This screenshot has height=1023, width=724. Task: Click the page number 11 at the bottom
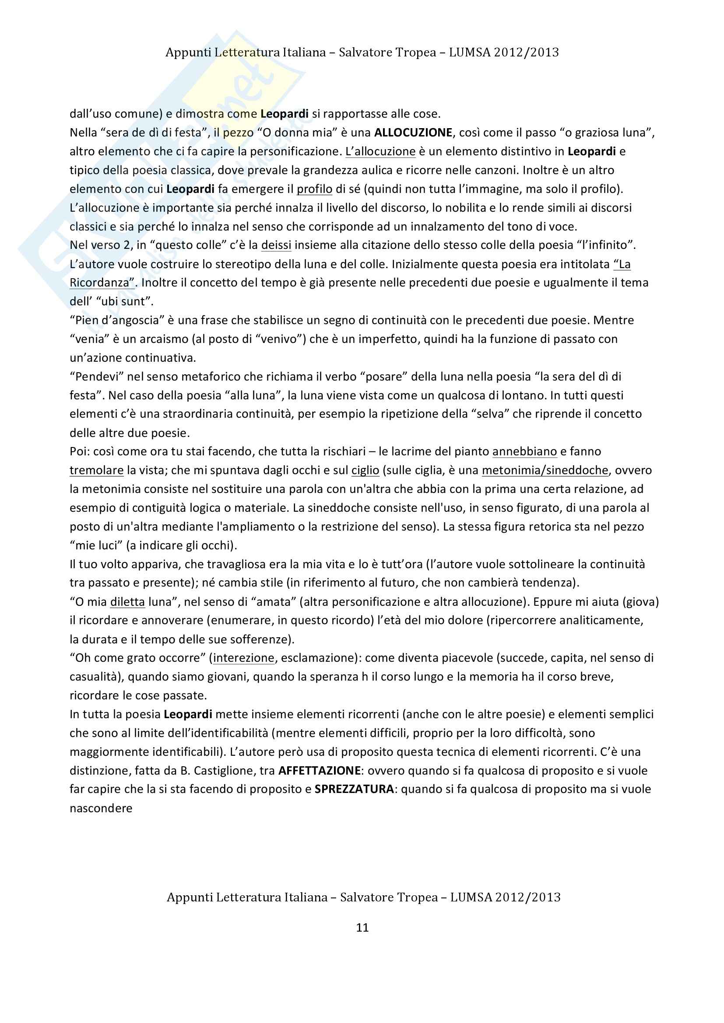point(362,928)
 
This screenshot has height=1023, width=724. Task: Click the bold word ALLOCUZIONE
point(413,133)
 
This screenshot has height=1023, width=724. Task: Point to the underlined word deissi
point(276,245)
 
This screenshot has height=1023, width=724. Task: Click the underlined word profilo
point(315,189)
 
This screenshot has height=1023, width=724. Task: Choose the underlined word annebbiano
point(525,452)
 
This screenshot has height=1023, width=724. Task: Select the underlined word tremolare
point(96,471)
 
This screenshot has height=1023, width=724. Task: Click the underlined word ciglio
point(365,471)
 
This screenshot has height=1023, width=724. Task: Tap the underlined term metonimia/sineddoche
point(545,471)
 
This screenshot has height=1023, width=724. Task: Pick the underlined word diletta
point(127,602)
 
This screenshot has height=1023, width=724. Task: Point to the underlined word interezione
point(243,658)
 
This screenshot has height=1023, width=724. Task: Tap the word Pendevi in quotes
point(96,377)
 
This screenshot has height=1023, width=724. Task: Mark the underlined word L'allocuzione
point(380,151)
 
